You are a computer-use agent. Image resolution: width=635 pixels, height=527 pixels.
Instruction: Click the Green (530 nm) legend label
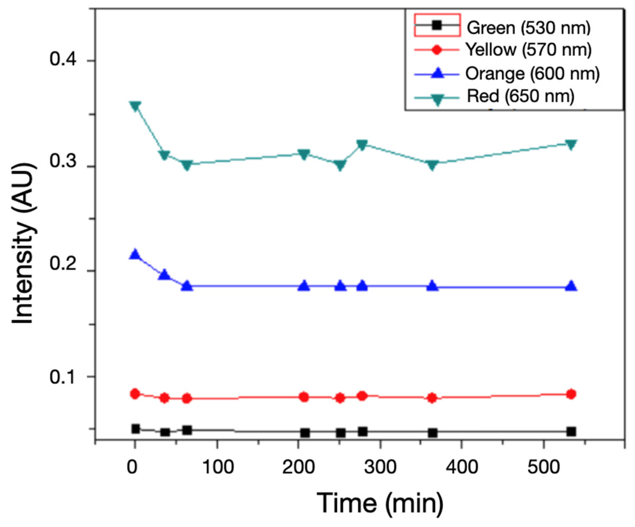click(x=529, y=28)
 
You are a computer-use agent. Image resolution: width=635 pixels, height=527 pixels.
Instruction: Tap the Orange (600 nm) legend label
click(x=532, y=74)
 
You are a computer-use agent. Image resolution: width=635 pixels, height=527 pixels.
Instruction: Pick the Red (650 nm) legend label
click(x=521, y=96)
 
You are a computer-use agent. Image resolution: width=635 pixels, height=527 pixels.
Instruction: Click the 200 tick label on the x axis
click(x=299, y=467)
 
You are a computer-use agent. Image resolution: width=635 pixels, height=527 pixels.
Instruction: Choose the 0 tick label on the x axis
click(x=132, y=467)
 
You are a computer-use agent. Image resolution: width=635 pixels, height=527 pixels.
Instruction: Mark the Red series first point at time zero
click(x=135, y=106)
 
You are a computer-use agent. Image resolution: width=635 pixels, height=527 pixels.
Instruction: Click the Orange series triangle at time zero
click(x=135, y=254)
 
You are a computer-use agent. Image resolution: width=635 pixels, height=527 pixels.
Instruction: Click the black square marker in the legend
click(x=436, y=25)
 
